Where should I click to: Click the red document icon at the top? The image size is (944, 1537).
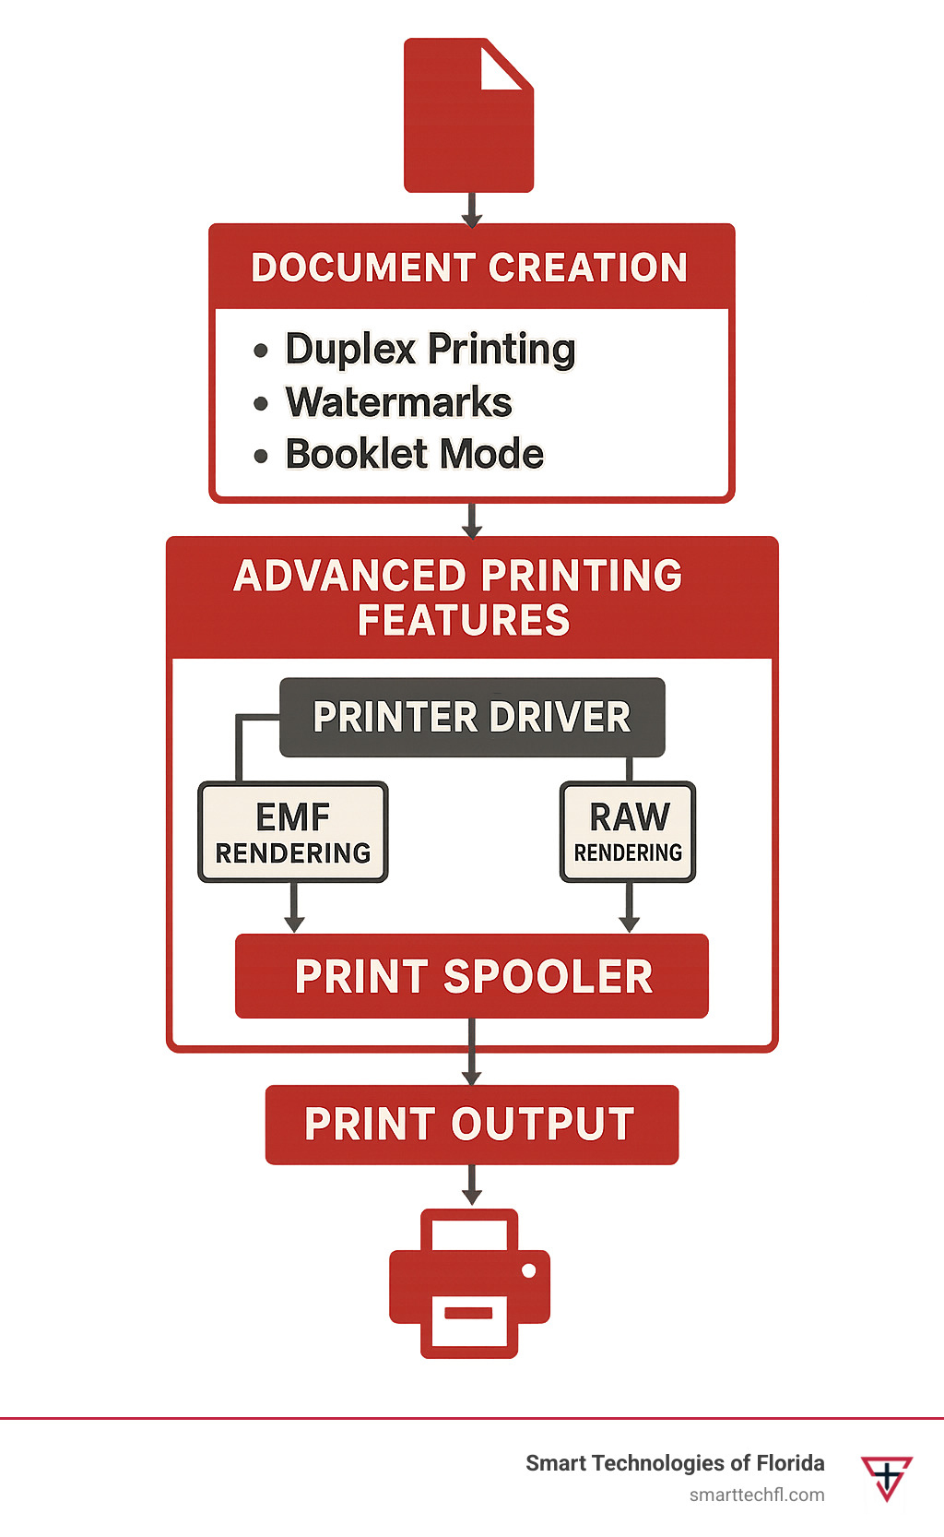(468, 129)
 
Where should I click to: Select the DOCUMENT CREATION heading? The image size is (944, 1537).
(470, 268)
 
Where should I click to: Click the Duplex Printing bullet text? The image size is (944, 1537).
(430, 350)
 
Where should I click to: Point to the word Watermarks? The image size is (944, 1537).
(398, 402)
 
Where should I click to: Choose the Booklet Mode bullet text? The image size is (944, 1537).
(414, 454)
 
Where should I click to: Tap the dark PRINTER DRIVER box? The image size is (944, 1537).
(471, 717)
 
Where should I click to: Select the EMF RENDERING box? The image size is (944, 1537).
(293, 832)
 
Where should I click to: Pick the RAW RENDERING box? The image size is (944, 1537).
(628, 832)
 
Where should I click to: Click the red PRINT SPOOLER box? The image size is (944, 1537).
(472, 976)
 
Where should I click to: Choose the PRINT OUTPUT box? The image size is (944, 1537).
(471, 1124)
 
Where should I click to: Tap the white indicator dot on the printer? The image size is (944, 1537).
(528, 1270)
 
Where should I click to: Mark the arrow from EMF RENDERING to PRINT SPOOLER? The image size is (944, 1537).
(294, 908)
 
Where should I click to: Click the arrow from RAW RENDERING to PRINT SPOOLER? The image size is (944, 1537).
(630, 908)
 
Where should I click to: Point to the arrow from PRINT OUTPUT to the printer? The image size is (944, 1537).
(472, 1185)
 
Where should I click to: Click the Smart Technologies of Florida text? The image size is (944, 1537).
(675, 1463)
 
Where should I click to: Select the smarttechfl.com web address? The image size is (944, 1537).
(757, 1495)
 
